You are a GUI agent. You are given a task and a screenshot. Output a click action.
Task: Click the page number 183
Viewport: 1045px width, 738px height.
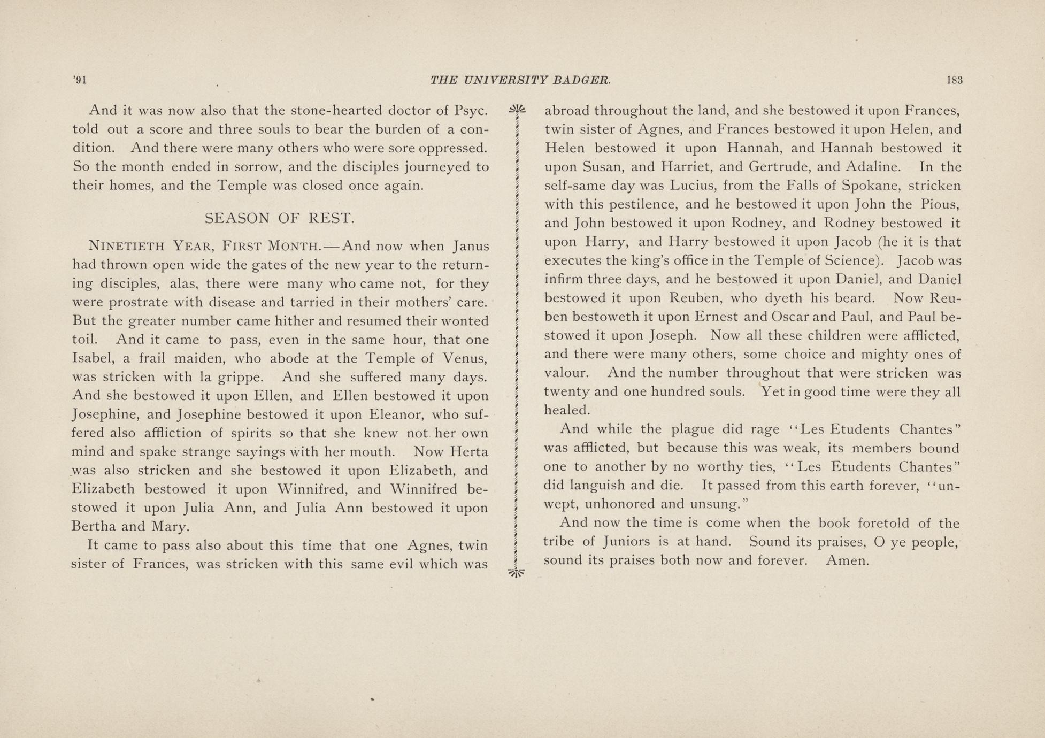click(954, 81)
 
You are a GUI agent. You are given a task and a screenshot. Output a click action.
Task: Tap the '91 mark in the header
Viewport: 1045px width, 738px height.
click(80, 81)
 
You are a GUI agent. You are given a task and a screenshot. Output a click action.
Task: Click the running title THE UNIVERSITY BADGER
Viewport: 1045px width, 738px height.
click(520, 81)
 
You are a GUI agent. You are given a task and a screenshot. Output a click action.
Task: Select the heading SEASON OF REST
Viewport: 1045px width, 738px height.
click(280, 218)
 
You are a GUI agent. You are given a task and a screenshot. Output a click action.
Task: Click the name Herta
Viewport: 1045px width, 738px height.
click(468, 452)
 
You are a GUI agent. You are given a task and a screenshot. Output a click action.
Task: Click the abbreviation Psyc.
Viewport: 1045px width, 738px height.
click(471, 111)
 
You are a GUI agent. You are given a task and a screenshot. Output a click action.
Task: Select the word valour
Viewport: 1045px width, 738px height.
click(566, 373)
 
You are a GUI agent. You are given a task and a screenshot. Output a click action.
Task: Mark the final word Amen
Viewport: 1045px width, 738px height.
click(848, 560)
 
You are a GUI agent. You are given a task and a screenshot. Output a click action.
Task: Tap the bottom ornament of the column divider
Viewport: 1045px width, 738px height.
click(517, 573)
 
